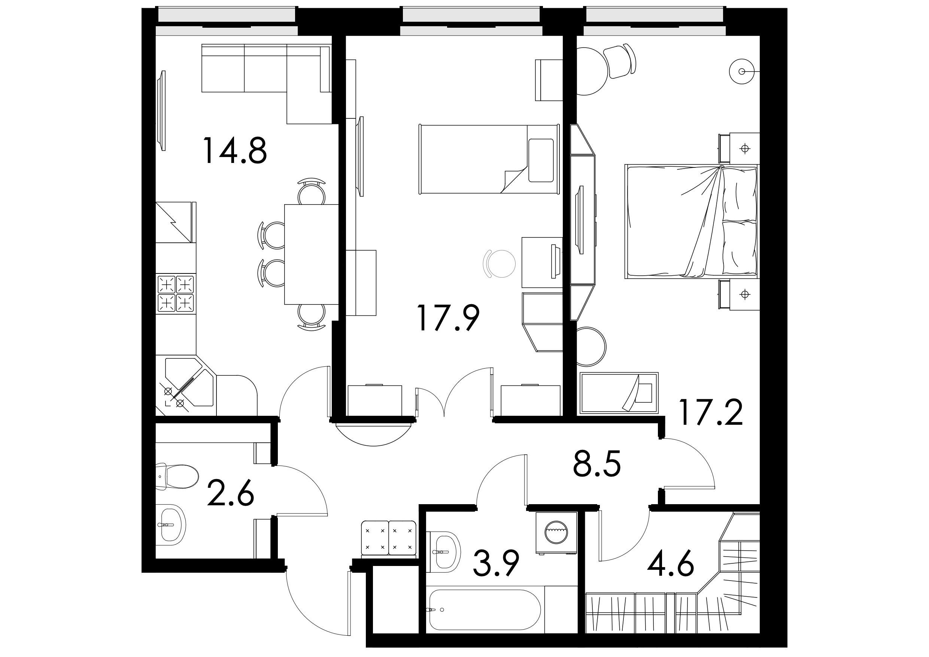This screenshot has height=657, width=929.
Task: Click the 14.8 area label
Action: pyautogui.click(x=235, y=151)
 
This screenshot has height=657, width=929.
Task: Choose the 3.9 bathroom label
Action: pyautogui.click(x=496, y=563)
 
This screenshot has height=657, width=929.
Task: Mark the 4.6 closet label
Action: pyautogui.click(x=671, y=563)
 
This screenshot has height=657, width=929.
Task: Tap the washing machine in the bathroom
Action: pyautogui.click(x=556, y=533)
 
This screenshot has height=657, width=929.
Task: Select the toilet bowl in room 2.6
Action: pyautogui.click(x=177, y=476)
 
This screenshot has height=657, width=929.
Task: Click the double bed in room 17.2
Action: pyautogui.click(x=692, y=221)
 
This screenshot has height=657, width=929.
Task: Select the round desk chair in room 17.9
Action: pyautogui.click(x=500, y=264)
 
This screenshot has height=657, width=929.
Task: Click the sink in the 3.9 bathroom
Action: pyautogui.click(x=444, y=552)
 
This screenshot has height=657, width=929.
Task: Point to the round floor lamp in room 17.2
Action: pyautogui.click(x=742, y=72)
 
